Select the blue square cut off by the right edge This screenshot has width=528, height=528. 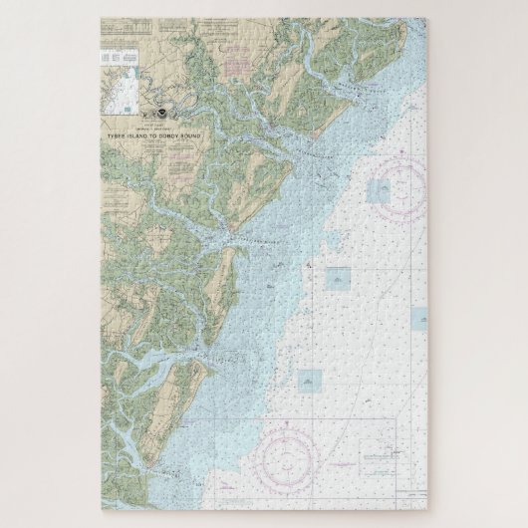coord(419,318)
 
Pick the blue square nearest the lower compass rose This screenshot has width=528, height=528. coord(310,381)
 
